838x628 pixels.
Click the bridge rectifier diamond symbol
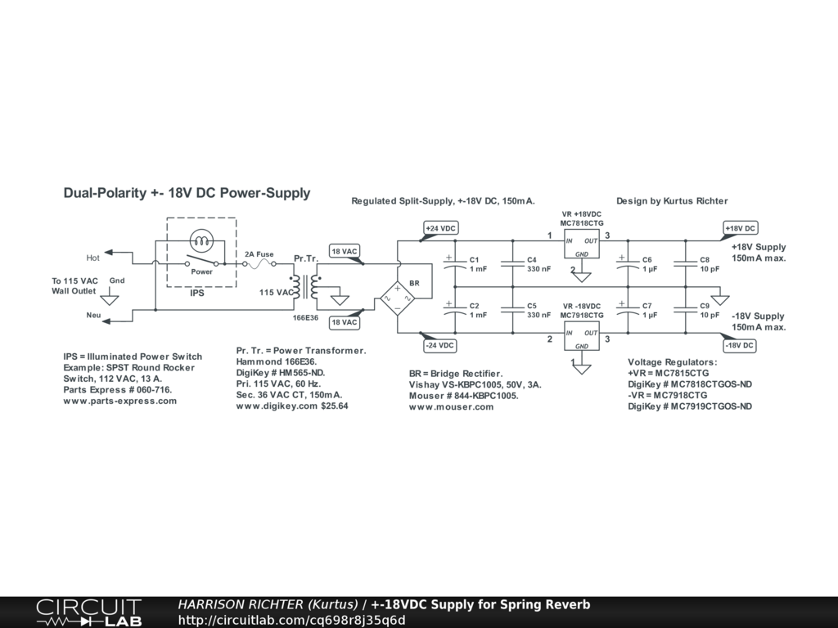coord(397,298)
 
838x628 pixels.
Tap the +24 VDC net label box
coord(441,229)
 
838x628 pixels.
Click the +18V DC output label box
coord(740,228)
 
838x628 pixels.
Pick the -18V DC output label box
coord(740,346)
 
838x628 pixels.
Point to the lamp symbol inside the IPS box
coord(201,241)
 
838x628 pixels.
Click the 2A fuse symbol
coord(259,263)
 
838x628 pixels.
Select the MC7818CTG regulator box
coord(582,244)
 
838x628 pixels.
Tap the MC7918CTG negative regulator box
coord(582,336)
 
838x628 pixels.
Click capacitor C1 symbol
coord(455,264)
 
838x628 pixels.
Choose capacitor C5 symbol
coord(512,310)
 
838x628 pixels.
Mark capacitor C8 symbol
coord(686,264)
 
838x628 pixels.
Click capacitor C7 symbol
coord(628,310)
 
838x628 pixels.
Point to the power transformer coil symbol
coord(305,287)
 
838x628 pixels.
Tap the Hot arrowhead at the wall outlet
coord(108,252)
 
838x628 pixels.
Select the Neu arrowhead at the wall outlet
coord(106,321)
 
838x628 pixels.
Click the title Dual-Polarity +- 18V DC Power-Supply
coord(187,193)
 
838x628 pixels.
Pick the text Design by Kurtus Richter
coord(672,201)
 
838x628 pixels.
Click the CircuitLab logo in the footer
coord(89,612)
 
